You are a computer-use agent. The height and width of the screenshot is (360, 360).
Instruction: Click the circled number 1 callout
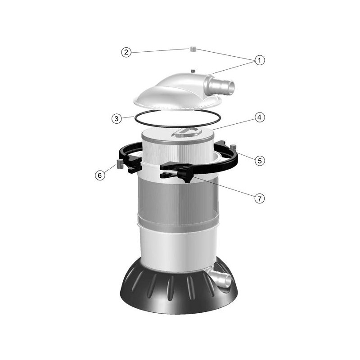click(x=260, y=60)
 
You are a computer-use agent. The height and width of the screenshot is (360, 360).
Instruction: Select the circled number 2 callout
click(x=126, y=52)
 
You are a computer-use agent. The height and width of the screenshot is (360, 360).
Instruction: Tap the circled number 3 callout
click(x=117, y=119)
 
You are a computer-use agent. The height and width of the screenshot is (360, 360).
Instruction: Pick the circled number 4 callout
click(x=260, y=117)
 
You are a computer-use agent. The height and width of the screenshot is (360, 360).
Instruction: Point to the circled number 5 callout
click(x=260, y=161)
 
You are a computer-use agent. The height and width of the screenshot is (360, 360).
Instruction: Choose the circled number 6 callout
click(x=100, y=175)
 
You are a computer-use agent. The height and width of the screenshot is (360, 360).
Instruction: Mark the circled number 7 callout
click(x=260, y=198)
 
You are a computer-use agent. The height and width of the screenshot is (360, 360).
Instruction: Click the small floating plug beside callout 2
click(x=193, y=49)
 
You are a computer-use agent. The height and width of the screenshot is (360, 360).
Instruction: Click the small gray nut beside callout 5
click(x=233, y=147)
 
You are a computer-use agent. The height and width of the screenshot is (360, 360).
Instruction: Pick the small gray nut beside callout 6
click(x=119, y=163)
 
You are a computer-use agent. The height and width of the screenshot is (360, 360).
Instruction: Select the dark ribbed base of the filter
click(x=179, y=289)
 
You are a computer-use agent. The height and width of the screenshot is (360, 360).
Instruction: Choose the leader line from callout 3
click(x=128, y=118)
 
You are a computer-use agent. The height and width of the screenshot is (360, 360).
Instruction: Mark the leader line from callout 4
click(x=234, y=124)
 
